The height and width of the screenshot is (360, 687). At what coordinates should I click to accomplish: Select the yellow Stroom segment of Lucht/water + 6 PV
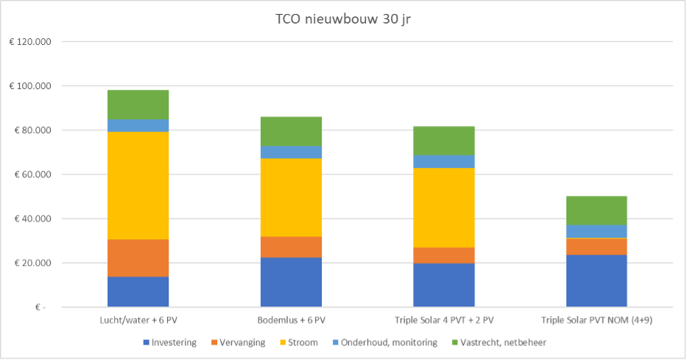tap(138, 186)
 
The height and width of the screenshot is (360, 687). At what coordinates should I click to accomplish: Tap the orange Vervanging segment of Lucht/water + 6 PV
tap(138, 258)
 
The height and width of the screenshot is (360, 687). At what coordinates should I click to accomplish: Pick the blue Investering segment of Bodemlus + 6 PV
tap(291, 282)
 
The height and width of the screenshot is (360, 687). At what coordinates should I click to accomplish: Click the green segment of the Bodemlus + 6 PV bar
tap(291, 131)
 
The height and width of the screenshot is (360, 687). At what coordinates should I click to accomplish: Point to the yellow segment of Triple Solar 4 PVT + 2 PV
tap(443, 208)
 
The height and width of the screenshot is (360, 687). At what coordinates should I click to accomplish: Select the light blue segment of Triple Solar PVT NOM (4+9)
tap(596, 231)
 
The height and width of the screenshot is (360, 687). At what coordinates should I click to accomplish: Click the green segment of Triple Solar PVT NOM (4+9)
tap(596, 211)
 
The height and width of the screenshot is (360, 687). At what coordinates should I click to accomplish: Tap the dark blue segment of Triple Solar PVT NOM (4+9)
tap(596, 280)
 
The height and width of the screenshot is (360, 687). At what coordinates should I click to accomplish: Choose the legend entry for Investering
tap(170, 342)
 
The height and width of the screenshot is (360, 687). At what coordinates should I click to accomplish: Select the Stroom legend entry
tap(302, 342)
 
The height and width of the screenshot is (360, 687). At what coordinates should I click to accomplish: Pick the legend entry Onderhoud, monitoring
tap(387, 342)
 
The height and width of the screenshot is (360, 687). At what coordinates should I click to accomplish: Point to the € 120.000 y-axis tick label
tap(30, 42)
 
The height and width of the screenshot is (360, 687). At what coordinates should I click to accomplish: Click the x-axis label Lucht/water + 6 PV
tap(138, 320)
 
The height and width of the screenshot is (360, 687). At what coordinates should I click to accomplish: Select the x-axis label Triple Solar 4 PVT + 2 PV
tap(443, 320)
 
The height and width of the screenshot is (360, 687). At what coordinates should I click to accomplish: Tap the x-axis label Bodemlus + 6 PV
tap(291, 320)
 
